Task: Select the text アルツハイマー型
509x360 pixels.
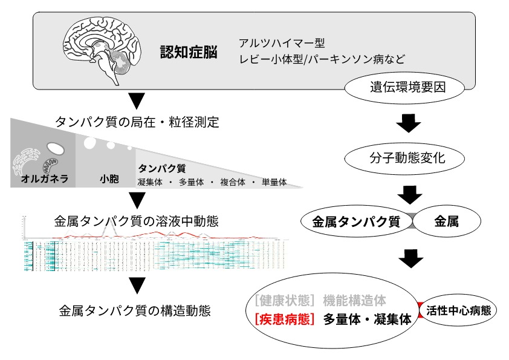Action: (x=282, y=44)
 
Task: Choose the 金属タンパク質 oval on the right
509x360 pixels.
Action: (x=356, y=221)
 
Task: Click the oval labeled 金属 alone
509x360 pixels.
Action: (x=446, y=221)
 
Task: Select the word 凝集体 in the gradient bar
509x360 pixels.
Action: (x=151, y=182)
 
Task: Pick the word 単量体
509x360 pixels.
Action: (x=274, y=182)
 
